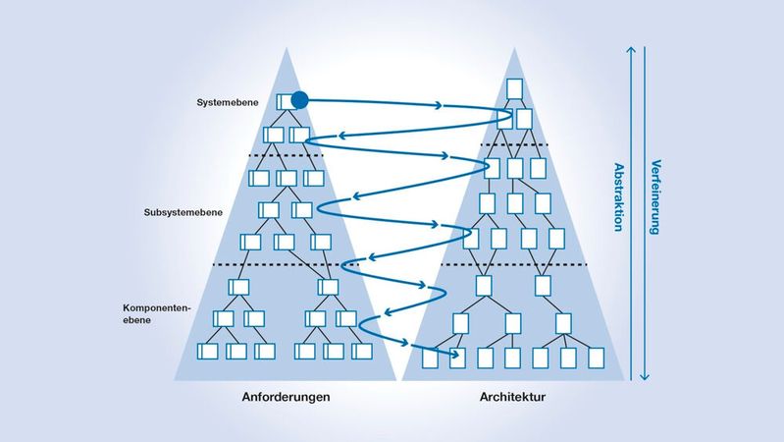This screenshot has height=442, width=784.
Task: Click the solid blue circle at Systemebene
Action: pyautogui.click(x=300, y=100)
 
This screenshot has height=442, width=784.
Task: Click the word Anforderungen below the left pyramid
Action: pyautogui.click(x=286, y=398)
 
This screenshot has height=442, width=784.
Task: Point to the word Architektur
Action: pyautogui.click(x=513, y=398)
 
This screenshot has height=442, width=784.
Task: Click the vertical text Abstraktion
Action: pyautogui.click(x=619, y=196)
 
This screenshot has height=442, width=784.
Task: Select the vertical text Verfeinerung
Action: pyautogui.click(x=655, y=196)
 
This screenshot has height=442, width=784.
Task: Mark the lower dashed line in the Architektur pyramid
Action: pyautogui.click(x=512, y=265)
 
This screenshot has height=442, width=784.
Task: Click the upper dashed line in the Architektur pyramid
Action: pyautogui.click(x=514, y=145)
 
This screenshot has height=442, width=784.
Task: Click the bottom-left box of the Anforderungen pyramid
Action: pyautogui.click(x=208, y=351)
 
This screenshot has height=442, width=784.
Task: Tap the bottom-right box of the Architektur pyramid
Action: pyautogui.click(x=596, y=358)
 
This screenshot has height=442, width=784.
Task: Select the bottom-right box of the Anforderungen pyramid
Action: pyautogui.click(x=362, y=351)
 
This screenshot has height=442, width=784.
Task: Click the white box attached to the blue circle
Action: pyautogui.click(x=285, y=100)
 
